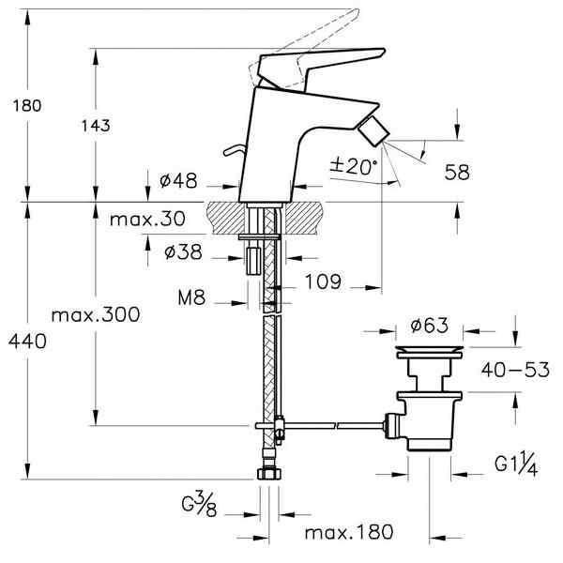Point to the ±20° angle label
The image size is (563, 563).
(x=353, y=166)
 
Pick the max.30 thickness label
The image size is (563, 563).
(x=146, y=220)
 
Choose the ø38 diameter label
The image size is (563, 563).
(x=178, y=252)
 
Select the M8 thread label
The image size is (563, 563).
(x=192, y=300)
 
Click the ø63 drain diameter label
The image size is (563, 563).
(x=429, y=327)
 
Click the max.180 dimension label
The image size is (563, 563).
(x=348, y=533)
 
